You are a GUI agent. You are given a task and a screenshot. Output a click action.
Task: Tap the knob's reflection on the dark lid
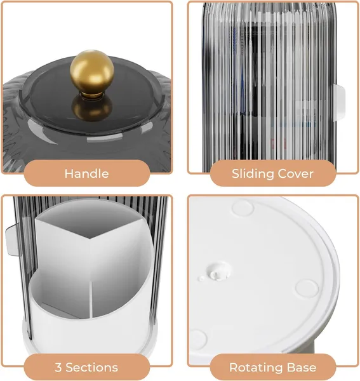[92, 109]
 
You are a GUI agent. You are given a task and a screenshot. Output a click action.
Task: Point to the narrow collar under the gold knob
[92, 95]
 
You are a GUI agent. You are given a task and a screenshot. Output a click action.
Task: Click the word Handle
[87, 174]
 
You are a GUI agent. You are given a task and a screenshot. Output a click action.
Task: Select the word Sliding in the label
[253, 174]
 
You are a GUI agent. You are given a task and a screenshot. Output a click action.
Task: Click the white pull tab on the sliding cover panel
[339, 102]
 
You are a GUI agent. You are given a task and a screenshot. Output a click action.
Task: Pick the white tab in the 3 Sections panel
[12, 240]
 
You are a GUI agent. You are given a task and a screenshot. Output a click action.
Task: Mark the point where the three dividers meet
[90, 239]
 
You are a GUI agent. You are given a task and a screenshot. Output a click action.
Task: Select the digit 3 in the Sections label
[58, 368]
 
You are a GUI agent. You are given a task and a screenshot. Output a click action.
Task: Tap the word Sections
[92, 368]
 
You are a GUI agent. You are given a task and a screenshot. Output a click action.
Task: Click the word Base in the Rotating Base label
[302, 368]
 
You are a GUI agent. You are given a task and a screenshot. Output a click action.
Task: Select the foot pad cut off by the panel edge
[198, 340]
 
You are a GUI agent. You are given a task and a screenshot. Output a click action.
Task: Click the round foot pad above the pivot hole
[243, 208]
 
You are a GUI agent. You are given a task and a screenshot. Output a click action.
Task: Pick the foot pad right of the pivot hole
[307, 288]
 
